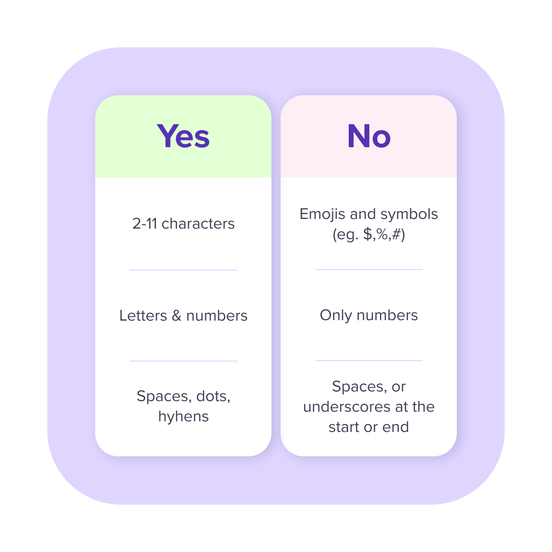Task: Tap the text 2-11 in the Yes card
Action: click(144, 224)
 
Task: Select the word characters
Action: click(198, 224)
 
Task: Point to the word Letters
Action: click(143, 316)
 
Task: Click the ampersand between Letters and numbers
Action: click(177, 316)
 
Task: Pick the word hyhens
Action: click(184, 417)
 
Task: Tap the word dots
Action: click(213, 397)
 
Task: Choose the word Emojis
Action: click(322, 214)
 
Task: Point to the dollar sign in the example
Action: click(367, 234)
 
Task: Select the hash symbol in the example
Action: click(396, 234)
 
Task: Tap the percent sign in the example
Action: click(382, 234)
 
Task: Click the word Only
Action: click(335, 316)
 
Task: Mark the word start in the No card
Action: click(344, 427)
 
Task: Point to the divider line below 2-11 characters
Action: click(184, 270)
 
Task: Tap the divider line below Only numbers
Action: click(368, 361)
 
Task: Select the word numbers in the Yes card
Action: click(217, 316)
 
